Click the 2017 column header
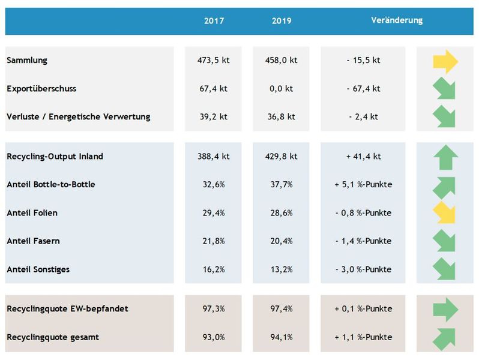pyautogui.click(x=214, y=20)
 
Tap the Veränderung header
pyautogui.click(x=397, y=20)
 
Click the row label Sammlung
pyautogui.click(x=27, y=61)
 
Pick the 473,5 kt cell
pyautogui.click(x=214, y=61)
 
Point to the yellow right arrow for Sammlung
pyautogui.click(x=445, y=61)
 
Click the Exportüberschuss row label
pyautogui.click(x=41, y=89)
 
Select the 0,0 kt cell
pyautogui.click(x=281, y=89)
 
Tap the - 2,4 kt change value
pyautogui.click(x=364, y=117)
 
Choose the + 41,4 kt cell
pyautogui.click(x=364, y=157)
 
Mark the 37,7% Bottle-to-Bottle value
pyautogui.click(x=281, y=185)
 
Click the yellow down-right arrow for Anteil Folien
pyautogui.click(x=445, y=213)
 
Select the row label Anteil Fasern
pyautogui.click(x=33, y=241)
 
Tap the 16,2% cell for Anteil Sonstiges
pyautogui.click(x=214, y=269)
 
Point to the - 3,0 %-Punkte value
pyautogui.click(x=364, y=269)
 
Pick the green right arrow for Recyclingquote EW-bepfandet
pyautogui.click(x=445, y=310)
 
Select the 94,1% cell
pyautogui.click(x=281, y=337)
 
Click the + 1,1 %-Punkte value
pyautogui.click(x=364, y=337)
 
